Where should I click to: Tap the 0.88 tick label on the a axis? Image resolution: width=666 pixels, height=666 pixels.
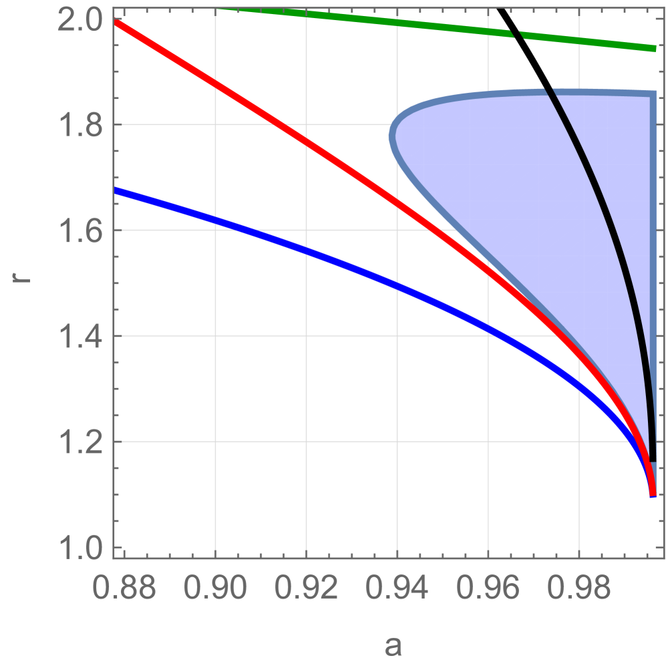[124, 589]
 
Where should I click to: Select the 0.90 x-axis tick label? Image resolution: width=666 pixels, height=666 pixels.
[215, 589]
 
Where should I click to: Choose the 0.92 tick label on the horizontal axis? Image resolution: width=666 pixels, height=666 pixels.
[306, 589]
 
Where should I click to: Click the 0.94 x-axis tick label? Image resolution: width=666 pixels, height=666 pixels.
[397, 589]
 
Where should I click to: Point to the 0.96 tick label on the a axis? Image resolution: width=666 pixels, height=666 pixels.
[488, 589]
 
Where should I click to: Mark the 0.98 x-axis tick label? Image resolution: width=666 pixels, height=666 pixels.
[578, 589]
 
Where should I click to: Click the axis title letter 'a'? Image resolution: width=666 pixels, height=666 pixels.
[393, 645]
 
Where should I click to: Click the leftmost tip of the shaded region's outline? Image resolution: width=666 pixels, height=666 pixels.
[391, 138]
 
